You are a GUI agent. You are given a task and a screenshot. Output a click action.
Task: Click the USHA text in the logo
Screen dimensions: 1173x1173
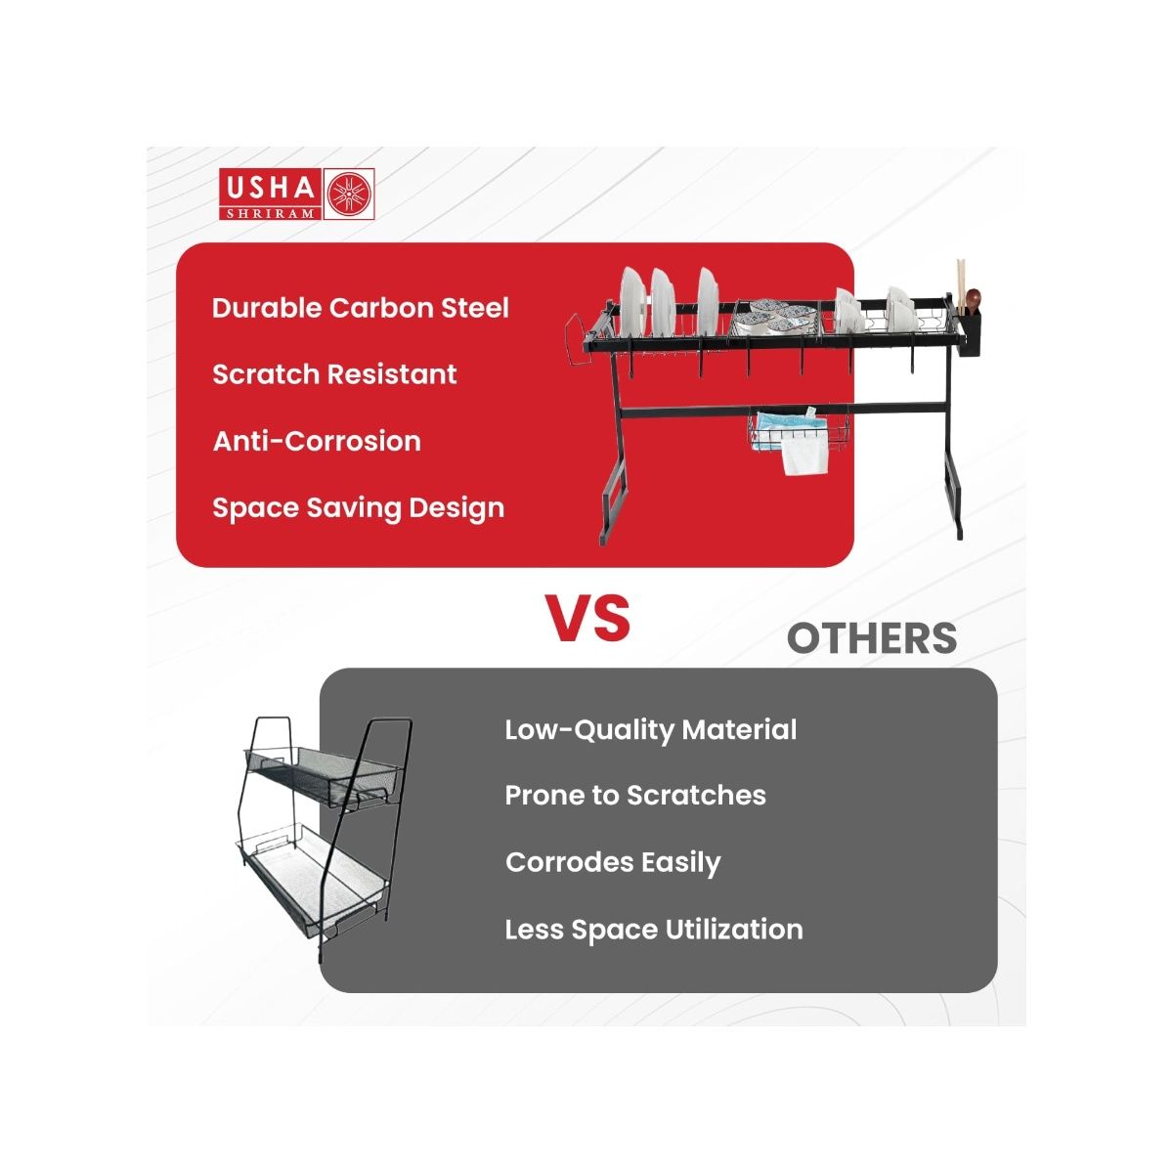[x=270, y=187]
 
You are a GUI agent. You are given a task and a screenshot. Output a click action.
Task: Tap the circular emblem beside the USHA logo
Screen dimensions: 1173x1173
[x=349, y=194]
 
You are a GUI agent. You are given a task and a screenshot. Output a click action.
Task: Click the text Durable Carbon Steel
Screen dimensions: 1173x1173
[x=361, y=307]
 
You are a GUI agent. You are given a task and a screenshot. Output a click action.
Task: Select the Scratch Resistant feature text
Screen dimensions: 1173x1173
[x=334, y=373]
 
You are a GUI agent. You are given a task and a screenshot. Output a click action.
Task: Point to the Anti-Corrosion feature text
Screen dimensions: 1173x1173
[x=317, y=441]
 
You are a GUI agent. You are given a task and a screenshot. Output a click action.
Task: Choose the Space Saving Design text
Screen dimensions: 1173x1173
[x=358, y=509]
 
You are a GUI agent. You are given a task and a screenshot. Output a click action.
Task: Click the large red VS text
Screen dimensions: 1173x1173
[x=588, y=618]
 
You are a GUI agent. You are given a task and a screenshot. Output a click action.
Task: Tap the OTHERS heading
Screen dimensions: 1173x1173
[x=872, y=638]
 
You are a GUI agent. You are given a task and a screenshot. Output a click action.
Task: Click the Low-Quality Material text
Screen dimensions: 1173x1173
[x=650, y=730]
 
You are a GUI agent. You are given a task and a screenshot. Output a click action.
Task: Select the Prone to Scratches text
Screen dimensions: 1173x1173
[x=635, y=796]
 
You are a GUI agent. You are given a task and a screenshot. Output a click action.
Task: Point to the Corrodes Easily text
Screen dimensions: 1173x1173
[x=612, y=863]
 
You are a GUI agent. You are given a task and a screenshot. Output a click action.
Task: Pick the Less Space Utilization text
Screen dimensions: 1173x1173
[x=654, y=931]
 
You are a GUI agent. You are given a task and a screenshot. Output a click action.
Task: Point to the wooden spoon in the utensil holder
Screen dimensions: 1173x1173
[x=972, y=301]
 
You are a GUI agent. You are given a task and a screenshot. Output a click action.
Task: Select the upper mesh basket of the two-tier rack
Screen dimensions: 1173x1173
[x=322, y=777]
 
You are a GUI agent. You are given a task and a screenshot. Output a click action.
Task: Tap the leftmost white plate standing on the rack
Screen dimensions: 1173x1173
[x=633, y=302]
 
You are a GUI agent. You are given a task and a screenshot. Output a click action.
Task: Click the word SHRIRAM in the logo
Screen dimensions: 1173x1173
[x=271, y=213]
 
